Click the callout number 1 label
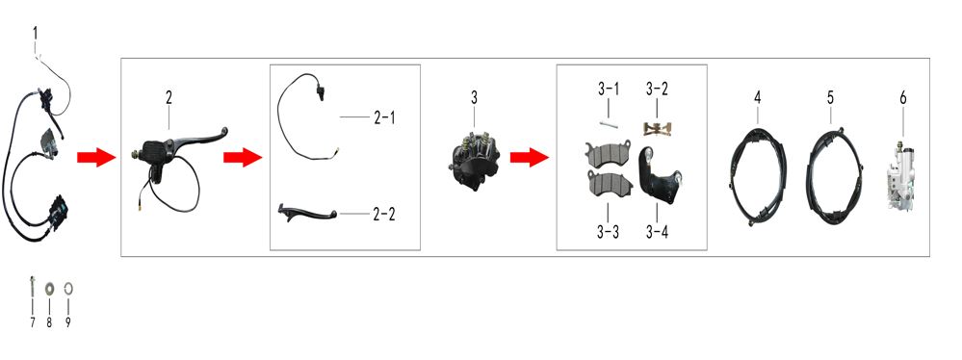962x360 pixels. tap(35, 32)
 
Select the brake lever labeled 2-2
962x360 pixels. tap(307, 213)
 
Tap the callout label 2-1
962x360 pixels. tap(384, 117)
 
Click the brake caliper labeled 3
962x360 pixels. tap(473, 156)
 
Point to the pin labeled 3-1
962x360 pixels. tap(608, 125)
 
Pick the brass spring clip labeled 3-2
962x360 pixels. tap(656, 128)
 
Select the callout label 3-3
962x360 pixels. tap(608, 232)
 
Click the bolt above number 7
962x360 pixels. tap(31, 287)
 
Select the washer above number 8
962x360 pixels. tap(49, 287)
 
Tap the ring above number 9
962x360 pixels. tap(68, 287)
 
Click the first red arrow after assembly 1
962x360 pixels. tap(96, 158)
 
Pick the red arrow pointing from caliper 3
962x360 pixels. tap(530, 157)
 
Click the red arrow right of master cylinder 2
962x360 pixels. tap(243, 158)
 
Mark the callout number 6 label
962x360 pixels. tap(902, 98)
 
